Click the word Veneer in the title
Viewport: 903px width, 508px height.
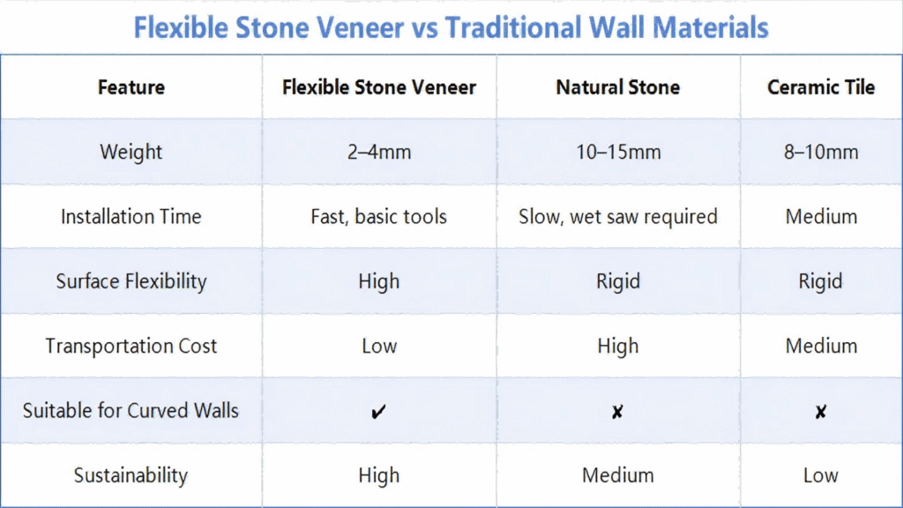click(x=360, y=27)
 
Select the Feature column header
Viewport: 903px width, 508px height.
click(x=131, y=87)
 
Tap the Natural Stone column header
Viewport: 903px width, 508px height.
click(x=618, y=87)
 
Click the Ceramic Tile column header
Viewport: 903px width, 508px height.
click(x=821, y=87)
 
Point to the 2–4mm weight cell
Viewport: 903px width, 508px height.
click(x=379, y=152)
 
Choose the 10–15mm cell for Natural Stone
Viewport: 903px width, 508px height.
click(x=618, y=152)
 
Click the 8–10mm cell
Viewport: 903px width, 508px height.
click(x=821, y=152)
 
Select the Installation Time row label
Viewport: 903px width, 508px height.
click(x=131, y=217)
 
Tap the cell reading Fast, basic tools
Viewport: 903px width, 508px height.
click(x=379, y=217)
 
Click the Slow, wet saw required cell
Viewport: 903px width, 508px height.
click(x=618, y=217)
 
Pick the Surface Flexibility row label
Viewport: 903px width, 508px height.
click(x=131, y=281)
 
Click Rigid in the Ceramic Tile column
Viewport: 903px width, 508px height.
click(x=821, y=281)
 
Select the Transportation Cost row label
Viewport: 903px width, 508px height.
click(x=131, y=346)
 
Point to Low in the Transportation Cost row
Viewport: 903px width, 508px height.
click(x=379, y=346)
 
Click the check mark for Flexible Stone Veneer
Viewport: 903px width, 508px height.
click(x=378, y=411)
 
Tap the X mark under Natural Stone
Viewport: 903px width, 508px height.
click(x=617, y=411)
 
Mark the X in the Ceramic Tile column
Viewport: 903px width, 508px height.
click(x=821, y=411)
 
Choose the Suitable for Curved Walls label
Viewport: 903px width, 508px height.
click(x=131, y=411)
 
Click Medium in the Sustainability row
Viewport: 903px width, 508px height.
click(x=618, y=475)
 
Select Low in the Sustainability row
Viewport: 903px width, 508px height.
click(x=821, y=475)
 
